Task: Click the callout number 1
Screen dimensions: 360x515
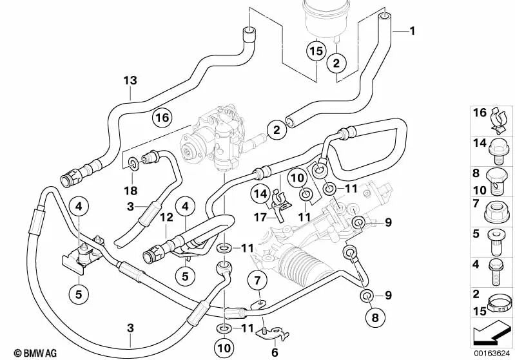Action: click(x=413, y=31)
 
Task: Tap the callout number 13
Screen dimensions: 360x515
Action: click(x=131, y=81)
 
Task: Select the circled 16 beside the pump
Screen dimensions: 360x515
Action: click(x=162, y=117)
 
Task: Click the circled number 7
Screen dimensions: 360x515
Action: click(x=257, y=281)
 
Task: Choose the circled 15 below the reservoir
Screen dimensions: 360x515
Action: click(x=316, y=50)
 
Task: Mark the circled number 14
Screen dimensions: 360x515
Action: click(x=260, y=193)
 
